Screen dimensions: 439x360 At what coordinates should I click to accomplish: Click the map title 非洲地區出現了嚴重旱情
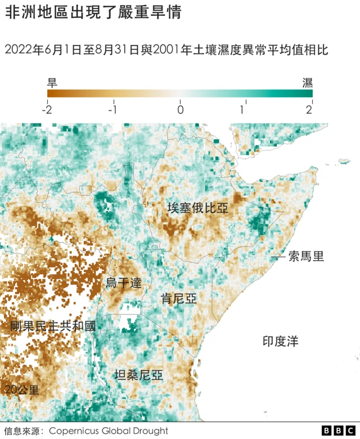(93, 14)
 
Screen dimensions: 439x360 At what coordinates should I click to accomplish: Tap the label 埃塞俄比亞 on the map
(198, 208)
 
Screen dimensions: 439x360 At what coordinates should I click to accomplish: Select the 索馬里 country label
(306, 257)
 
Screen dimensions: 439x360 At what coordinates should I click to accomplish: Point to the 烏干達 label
(124, 283)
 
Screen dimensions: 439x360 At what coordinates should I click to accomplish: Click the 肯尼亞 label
(179, 298)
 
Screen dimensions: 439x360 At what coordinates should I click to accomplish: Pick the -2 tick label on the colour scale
(47, 110)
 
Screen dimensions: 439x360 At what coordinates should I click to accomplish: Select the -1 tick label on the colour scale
(112, 110)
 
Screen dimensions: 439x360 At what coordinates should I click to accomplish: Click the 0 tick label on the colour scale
(180, 110)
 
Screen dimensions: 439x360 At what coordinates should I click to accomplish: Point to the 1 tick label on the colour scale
(242, 110)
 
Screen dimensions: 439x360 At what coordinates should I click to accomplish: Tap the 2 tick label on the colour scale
(309, 110)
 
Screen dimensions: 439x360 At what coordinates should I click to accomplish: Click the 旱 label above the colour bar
(52, 83)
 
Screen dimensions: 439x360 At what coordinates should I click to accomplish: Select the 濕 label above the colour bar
(308, 83)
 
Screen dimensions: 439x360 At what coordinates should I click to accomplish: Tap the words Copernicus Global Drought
(108, 431)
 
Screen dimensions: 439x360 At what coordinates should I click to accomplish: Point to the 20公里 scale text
(22, 389)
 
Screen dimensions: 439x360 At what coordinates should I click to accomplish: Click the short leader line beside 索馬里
(278, 257)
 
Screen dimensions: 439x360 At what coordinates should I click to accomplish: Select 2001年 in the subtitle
(173, 50)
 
